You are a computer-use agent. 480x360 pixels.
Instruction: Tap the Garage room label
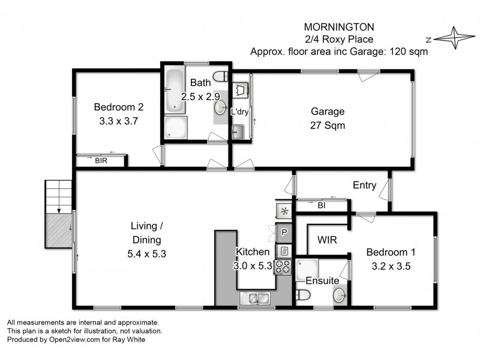[327, 111]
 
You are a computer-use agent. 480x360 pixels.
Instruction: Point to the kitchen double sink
[256, 297]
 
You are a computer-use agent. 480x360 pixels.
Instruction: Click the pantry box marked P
[284, 232]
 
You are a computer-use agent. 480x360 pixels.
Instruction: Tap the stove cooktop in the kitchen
[283, 266]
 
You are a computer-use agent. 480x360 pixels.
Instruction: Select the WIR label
[326, 240]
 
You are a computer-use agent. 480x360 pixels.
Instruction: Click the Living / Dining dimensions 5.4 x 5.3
[148, 253]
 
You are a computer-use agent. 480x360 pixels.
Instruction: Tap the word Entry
[364, 185]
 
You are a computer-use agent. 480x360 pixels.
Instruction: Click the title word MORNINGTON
[339, 28]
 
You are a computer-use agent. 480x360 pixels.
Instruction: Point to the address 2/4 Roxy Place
[339, 40]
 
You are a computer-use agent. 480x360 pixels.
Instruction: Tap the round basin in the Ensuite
[340, 295]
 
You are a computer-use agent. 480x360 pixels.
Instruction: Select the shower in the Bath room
[176, 127]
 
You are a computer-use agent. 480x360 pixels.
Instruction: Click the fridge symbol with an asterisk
[283, 211]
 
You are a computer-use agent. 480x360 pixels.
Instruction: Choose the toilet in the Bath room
[223, 76]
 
